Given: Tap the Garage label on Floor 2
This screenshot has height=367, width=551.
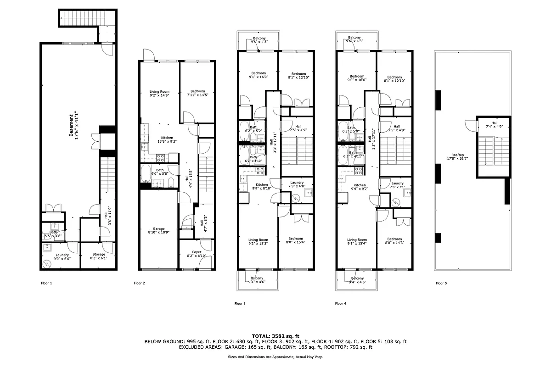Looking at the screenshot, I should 159,228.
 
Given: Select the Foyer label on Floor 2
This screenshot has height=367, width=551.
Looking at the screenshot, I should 197,251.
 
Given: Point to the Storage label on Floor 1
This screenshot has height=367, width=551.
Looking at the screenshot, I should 99,254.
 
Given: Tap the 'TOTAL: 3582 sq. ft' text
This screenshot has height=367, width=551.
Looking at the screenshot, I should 275,336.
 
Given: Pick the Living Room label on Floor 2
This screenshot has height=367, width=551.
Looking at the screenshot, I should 159,92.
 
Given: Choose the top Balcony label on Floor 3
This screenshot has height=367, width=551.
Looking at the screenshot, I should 259,38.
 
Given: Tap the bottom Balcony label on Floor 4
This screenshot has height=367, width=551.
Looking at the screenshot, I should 357,278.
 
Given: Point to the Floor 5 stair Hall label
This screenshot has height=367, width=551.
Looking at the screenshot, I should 494,122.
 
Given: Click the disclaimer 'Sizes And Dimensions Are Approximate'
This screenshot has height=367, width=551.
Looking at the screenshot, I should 275,356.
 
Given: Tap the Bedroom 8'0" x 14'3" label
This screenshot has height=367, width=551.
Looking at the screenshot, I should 394,239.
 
